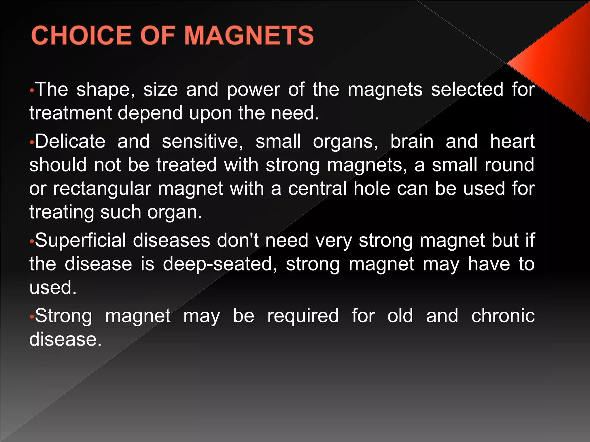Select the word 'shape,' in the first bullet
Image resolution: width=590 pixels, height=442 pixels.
point(105,90)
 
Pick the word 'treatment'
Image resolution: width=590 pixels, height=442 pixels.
point(70,113)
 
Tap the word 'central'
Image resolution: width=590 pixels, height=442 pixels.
point(317,188)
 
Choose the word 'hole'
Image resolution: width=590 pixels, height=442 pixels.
point(372,188)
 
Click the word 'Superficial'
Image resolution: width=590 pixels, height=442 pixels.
point(80,240)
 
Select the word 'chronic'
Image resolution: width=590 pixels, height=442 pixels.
point(503,316)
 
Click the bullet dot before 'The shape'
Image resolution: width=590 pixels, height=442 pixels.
point(32,91)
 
